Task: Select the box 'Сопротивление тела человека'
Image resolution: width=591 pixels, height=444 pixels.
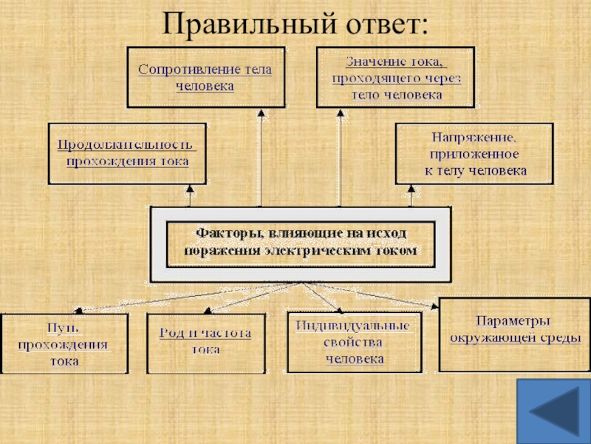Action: [205, 78]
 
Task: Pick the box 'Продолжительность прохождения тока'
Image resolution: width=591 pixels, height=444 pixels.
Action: [127, 153]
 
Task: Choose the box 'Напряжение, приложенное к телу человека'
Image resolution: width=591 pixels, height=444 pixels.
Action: [474, 153]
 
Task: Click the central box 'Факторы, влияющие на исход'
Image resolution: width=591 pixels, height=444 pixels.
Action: [300, 243]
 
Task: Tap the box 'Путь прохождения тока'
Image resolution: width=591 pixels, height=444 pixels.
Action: [64, 343]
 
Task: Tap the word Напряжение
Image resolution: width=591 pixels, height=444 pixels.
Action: [465, 138]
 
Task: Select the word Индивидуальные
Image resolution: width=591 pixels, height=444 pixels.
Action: [353, 326]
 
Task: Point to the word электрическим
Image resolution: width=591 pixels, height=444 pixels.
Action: [333, 252]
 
